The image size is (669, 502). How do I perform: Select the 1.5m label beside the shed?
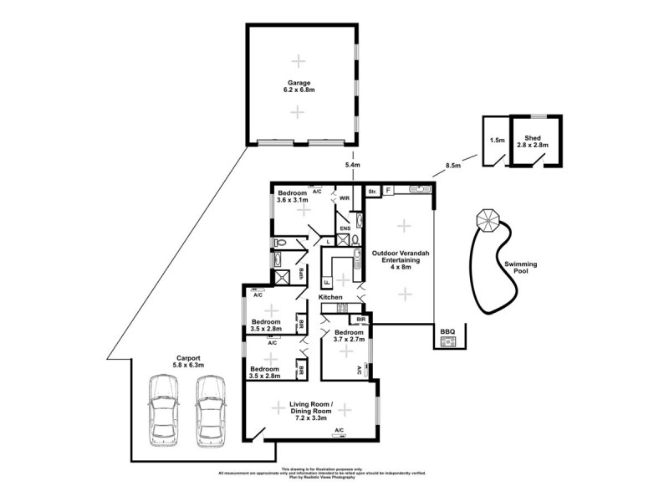pos(496,141)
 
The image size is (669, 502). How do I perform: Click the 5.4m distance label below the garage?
pos(352,166)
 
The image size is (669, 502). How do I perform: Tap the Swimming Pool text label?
pos(520,268)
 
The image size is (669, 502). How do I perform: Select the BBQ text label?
pos(447,331)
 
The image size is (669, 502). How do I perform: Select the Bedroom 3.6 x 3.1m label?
pos(298,197)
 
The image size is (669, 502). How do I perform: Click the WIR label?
pos(344,198)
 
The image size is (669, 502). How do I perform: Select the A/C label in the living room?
pos(339,430)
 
